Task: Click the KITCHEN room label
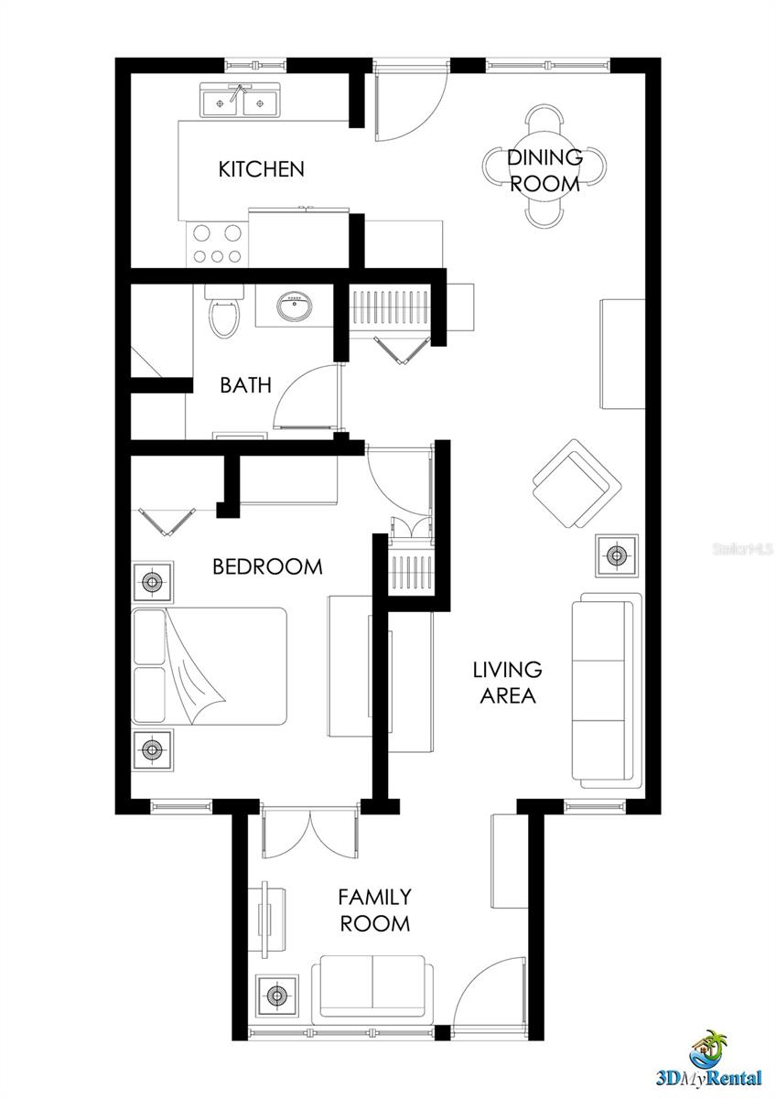click(261, 169)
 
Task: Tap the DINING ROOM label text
click(544, 170)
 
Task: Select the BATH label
click(245, 385)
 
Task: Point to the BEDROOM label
click(267, 566)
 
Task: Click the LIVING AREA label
click(506, 683)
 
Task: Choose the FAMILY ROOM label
click(374, 910)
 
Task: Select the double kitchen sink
click(241, 100)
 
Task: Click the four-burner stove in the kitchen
click(218, 244)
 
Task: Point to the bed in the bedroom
click(210, 666)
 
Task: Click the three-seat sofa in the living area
click(606, 691)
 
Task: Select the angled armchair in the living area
click(575, 483)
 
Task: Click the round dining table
click(544, 167)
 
